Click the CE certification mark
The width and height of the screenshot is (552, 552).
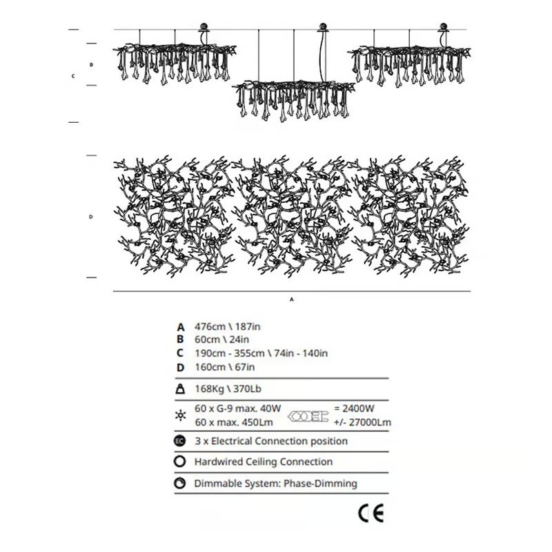(x=371, y=513)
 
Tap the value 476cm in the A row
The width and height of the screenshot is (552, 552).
(x=211, y=326)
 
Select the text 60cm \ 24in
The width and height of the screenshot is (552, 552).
(x=222, y=339)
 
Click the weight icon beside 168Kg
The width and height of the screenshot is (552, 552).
(x=181, y=389)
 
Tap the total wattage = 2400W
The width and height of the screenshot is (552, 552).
(x=353, y=408)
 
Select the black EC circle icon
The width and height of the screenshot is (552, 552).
(x=181, y=441)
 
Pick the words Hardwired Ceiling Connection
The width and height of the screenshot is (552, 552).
(x=264, y=462)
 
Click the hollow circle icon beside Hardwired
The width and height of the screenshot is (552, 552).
(x=181, y=462)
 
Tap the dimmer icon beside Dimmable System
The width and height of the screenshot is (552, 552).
(x=181, y=484)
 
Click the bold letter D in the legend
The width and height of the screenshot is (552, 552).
(x=181, y=366)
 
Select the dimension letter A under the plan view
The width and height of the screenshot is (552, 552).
(x=292, y=300)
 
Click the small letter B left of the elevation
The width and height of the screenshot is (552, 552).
(x=90, y=64)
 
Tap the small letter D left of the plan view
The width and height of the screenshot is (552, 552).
(x=90, y=217)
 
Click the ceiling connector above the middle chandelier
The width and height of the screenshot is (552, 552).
(x=322, y=28)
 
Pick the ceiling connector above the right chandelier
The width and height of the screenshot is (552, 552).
(x=442, y=28)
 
